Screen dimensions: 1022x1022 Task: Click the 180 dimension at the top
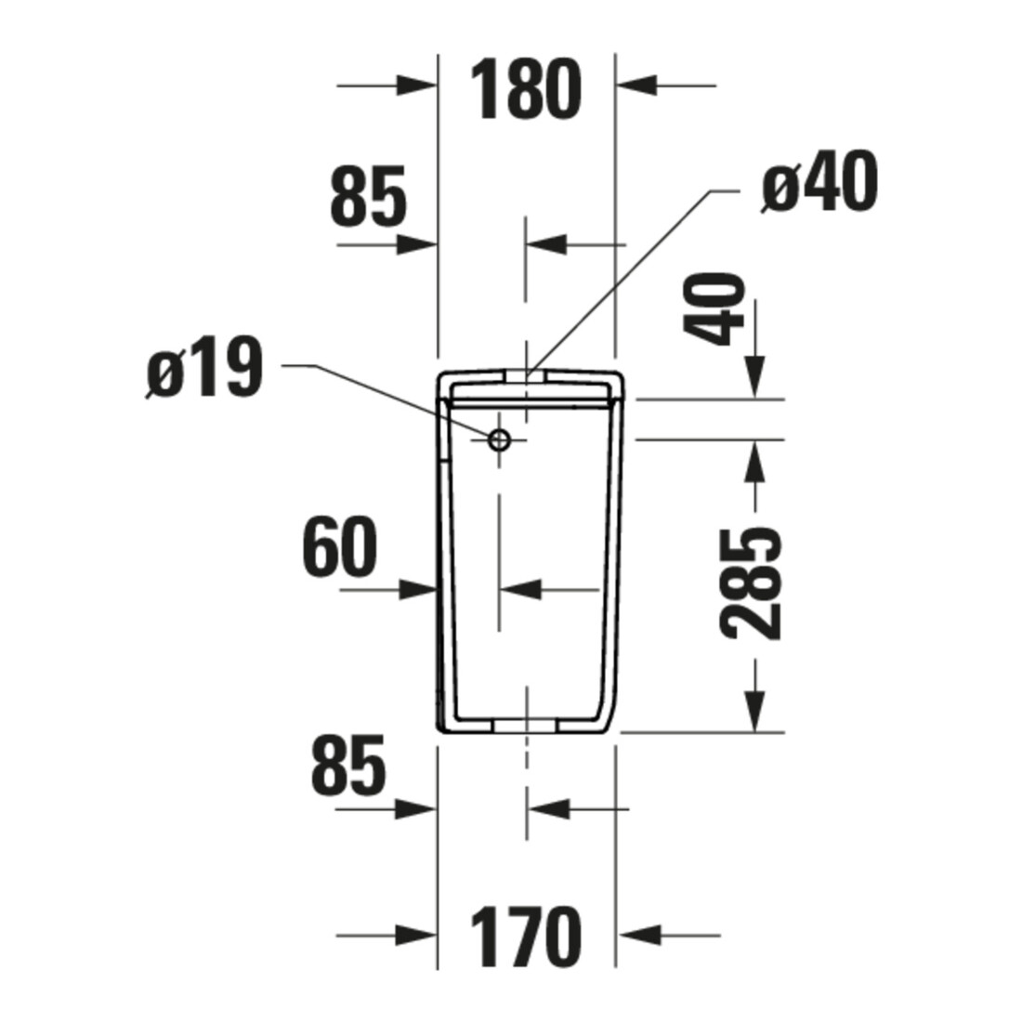click(x=525, y=89)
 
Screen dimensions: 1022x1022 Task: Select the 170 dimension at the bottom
click(x=525, y=937)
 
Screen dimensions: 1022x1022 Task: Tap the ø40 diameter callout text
click(x=819, y=182)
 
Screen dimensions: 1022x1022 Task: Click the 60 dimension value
click(x=339, y=547)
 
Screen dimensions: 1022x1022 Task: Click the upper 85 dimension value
click(x=368, y=195)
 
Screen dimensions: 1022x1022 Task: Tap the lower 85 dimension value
click(x=349, y=766)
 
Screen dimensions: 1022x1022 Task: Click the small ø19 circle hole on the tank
click(x=499, y=440)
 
